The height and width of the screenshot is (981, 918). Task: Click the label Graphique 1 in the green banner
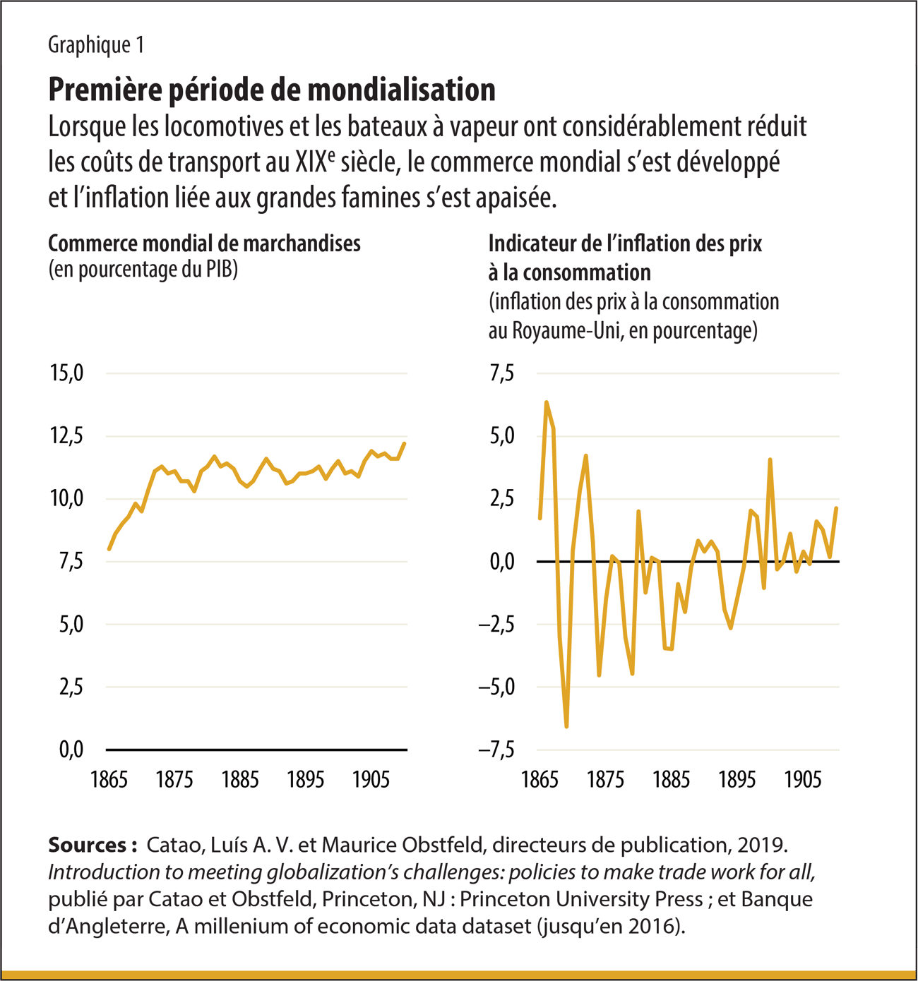(96, 45)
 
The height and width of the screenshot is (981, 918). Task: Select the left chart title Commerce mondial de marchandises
(204, 243)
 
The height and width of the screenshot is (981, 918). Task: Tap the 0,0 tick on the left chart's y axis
(71, 750)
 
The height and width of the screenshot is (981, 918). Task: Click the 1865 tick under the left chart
(109, 780)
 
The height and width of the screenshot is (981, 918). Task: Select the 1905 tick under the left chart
(371, 780)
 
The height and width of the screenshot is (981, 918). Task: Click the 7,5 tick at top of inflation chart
(502, 373)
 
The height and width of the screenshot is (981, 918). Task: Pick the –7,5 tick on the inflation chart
(496, 750)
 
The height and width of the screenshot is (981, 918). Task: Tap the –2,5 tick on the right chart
(496, 624)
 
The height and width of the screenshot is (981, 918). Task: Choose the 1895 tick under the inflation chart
(737, 780)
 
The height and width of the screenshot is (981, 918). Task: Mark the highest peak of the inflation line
(547, 402)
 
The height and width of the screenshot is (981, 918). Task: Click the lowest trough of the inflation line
(566, 726)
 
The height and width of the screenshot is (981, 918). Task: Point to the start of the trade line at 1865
(109, 549)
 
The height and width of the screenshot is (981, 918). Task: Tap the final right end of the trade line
(404, 444)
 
